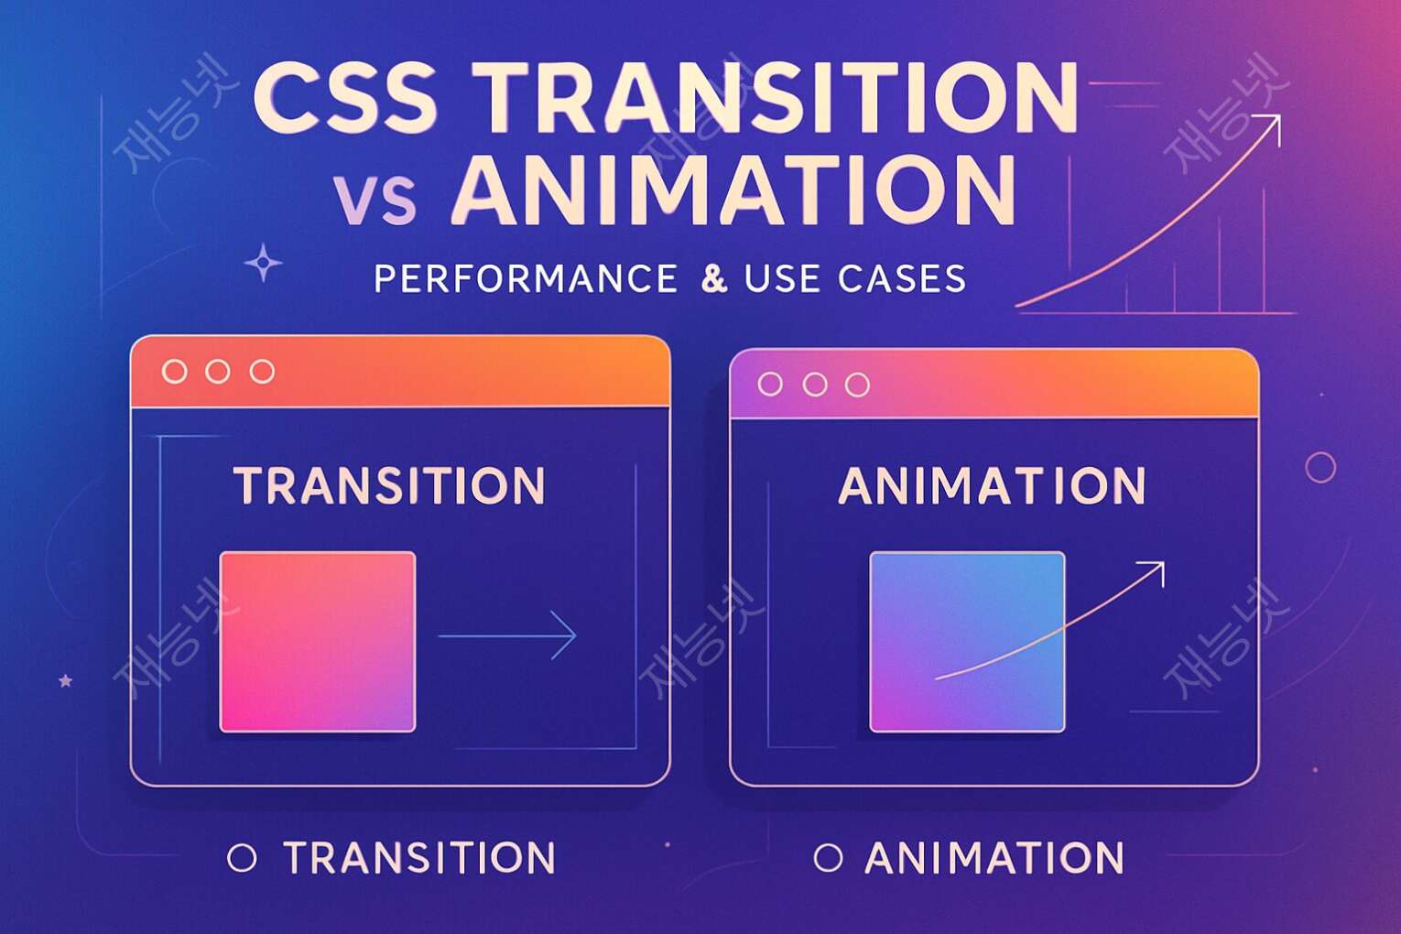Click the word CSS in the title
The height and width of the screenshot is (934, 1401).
(344, 97)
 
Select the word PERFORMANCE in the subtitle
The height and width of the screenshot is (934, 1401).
(526, 278)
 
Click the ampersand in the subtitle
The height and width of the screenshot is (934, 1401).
(713, 278)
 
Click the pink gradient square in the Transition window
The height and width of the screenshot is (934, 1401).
(318, 642)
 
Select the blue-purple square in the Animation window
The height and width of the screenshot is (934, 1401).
(967, 642)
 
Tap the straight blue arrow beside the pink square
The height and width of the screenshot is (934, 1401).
(508, 635)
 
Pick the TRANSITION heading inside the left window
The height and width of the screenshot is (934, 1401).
(389, 486)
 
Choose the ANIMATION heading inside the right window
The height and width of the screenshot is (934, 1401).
(992, 486)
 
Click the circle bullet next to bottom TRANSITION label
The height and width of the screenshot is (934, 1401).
(242, 858)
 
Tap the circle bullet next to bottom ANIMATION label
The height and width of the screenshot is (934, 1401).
(828, 858)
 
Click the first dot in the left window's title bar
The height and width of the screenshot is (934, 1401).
(174, 372)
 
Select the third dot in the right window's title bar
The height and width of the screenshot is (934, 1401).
(857, 385)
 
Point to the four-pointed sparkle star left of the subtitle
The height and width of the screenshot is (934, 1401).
(264, 264)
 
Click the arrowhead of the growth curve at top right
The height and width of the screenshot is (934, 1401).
(1272, 123)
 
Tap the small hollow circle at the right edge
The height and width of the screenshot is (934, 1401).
(1320, 467)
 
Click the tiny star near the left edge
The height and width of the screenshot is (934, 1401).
(65, 681)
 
